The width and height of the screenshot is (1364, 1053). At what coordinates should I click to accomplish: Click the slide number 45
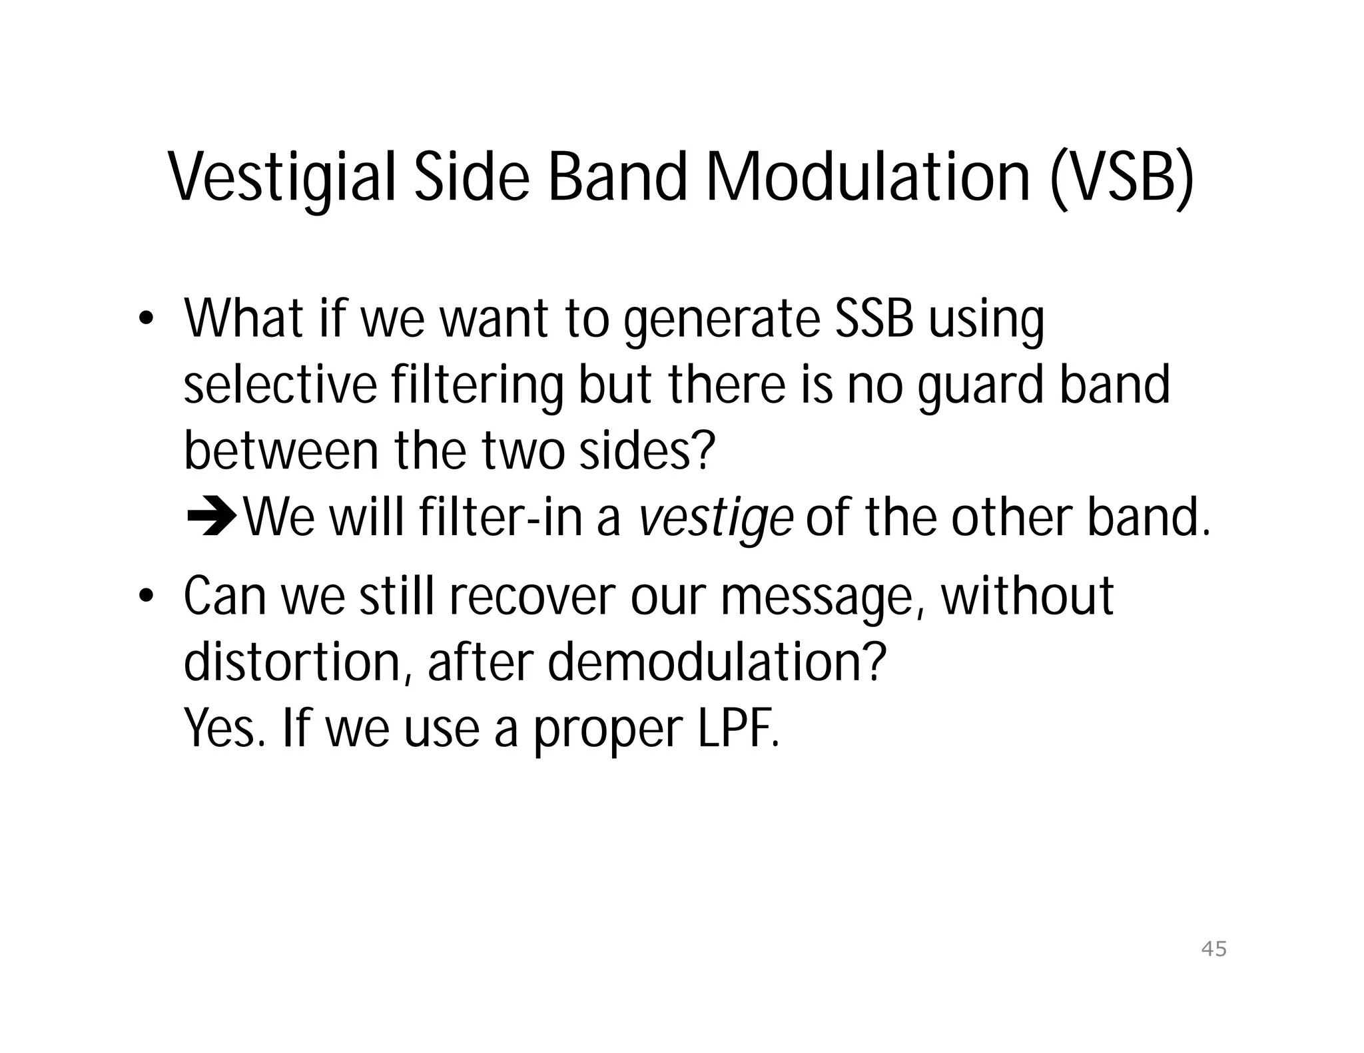pos(1213,948)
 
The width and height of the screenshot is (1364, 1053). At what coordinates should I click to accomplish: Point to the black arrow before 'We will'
pos(211,520)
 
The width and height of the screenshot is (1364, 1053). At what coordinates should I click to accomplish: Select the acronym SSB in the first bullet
pos(874,319)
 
